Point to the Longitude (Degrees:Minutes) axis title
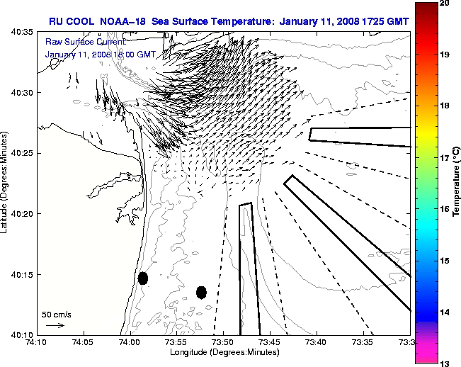222,351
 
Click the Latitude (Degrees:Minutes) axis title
6,183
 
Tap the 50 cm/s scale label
54,313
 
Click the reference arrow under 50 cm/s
55,325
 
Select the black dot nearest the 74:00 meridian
143,278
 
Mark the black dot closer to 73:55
201,292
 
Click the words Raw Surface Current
81,43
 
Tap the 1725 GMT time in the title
374,19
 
